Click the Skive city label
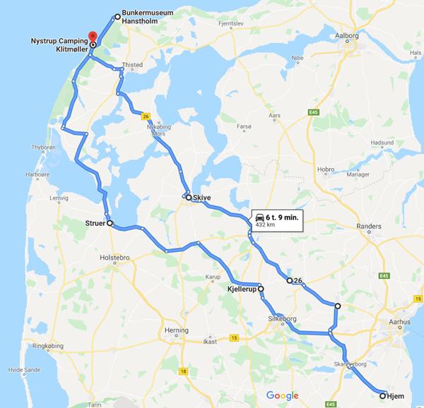pyautogui.click(x=201, y=198)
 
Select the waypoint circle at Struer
pyautogui.click(x=110, y=223)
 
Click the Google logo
pyautogui.click(x=283, y=394)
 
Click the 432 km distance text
pyautogui.click(x=265, y=226)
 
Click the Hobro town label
pyautogui.click(x=326, y=169)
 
